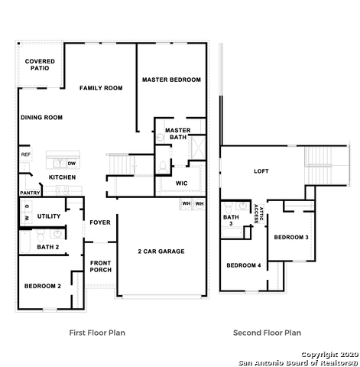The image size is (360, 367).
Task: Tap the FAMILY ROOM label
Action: [101, 88]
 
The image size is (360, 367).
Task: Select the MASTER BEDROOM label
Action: [171, 80]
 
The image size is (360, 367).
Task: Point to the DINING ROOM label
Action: [41, 117]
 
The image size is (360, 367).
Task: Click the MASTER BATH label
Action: [177, 133]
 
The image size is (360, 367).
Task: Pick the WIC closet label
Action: [181, 183]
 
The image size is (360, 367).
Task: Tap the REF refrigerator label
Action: [25, 154]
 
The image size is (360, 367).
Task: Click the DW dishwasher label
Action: [70, 163]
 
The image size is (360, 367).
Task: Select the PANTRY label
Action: [30, 193]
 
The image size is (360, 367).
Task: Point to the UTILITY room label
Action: [49, 216]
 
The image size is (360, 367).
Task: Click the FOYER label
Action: [100, 222]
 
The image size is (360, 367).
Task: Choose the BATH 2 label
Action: [47, 247]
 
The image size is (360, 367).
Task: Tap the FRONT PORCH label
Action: [100, 265]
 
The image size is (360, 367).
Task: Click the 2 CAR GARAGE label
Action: [161, 251]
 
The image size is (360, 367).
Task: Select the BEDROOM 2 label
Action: [42, 285]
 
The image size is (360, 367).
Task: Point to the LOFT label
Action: [261, 171]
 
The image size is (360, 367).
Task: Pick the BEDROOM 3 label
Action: [291, 237]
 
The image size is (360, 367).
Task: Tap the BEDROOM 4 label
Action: [243, 265]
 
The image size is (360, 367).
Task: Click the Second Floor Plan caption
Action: [267, 333]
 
